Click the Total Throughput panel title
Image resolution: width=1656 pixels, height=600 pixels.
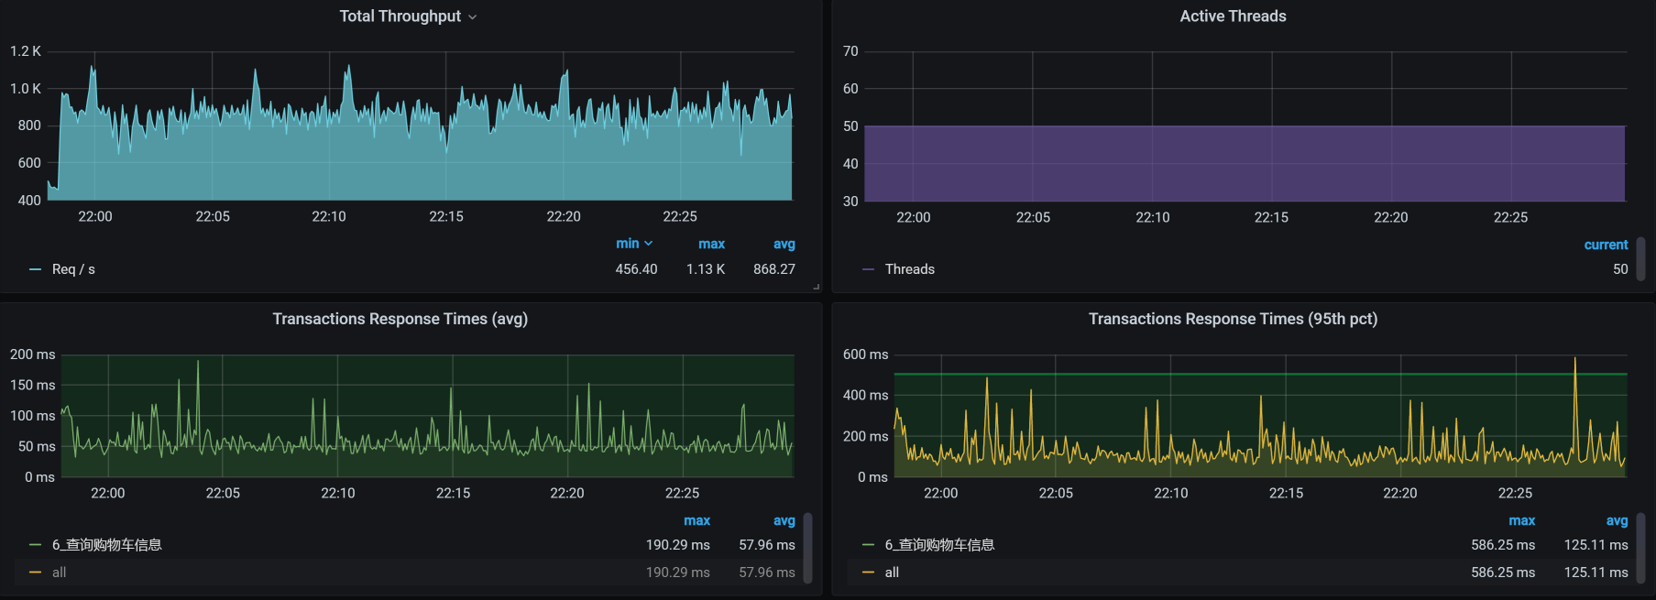[400, 16]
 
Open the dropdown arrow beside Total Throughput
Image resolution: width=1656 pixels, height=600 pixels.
[473, 17]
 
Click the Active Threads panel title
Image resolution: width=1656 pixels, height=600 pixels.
[1233, 16]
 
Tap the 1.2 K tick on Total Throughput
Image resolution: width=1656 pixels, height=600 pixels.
[26, 51]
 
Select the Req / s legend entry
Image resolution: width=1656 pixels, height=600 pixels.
[73, 269]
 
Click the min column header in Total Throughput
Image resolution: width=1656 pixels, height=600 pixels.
[628, 244]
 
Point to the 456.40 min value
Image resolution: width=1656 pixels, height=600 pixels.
[636, 269]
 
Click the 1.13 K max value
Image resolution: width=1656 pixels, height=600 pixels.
[706, 269]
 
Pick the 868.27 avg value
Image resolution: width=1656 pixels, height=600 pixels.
[774, 269]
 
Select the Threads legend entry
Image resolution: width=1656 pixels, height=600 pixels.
[909, 269]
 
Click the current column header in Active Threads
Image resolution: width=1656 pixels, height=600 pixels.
[1606, 245]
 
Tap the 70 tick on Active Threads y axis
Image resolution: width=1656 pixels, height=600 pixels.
[850, 51]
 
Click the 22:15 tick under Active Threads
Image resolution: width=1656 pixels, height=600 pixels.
[1271, 218]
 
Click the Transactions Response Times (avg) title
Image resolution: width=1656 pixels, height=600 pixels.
[400, 319]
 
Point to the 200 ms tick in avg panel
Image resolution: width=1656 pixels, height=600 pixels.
[33, 355]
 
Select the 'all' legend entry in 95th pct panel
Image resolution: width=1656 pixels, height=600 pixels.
[892, 573]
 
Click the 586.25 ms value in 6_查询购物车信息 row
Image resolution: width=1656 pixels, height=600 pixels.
[1503, 545]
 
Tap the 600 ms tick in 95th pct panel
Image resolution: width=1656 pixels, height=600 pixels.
[865, 355]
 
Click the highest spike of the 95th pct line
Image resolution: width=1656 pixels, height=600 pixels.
[1575, 359]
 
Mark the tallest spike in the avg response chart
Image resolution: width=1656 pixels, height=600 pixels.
[198, 362]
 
